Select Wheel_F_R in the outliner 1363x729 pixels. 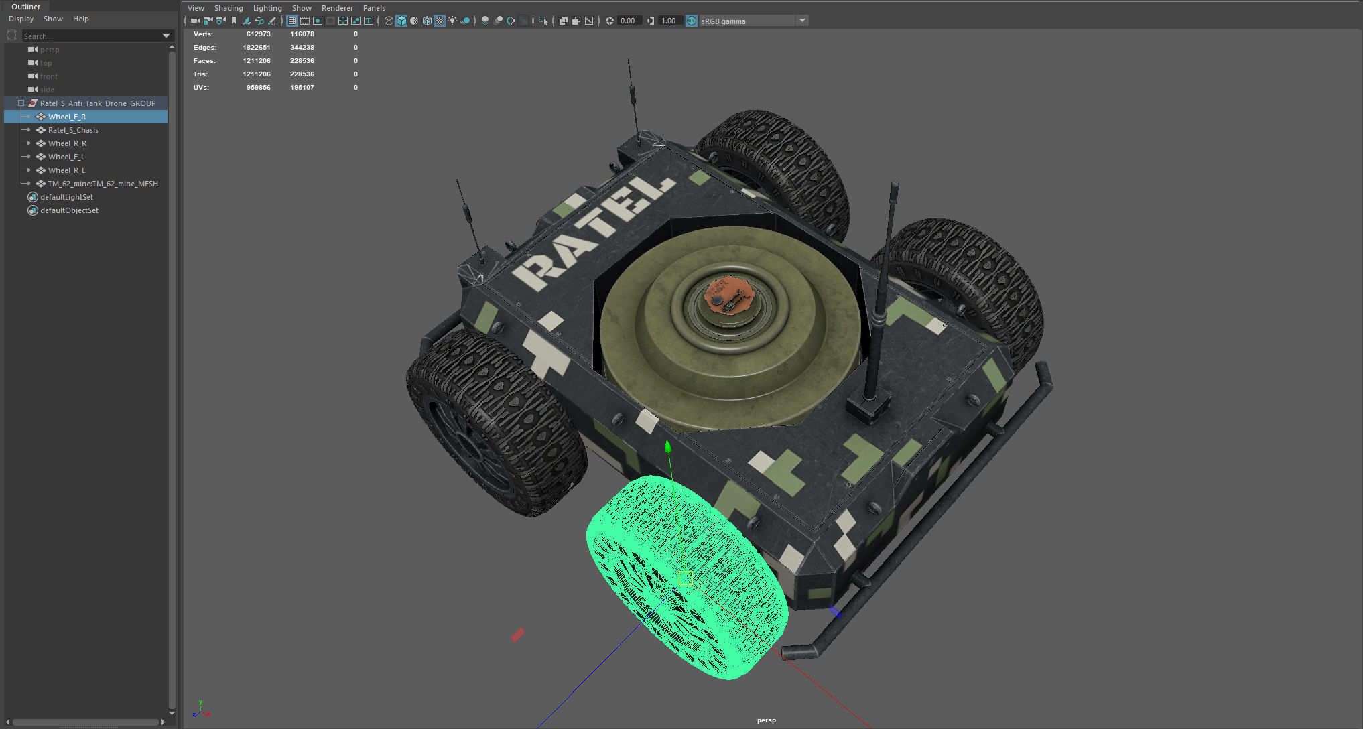pyautogui.click(x=66, y=117)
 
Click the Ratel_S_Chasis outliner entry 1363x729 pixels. pyautogui.click(x=73, y=130)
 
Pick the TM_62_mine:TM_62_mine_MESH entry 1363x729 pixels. pyautogui.click(x=103, y=184)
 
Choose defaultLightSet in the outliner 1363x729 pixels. pyautogui.click(x=66, y=197)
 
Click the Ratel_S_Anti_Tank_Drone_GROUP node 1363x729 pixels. pyautogui.click(x=97, y=103)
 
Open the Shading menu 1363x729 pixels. pyautogui.click(x=229, y=8)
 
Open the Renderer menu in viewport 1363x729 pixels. pyautogui.click(x=337, y=8)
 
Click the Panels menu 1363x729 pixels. pyautogui.click(x=374, y=8)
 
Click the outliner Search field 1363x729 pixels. pyautogui.click(x=90, y=36)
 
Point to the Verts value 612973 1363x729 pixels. pyautogui.click(x=258, y=34)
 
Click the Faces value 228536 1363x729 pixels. pyautogui.click(x=302, y=61)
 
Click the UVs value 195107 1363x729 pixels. pyautogui.click(x=302, y=88)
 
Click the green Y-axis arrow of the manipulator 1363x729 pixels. pyautogui.click(x=667, y=447)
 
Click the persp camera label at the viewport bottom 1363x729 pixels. pyautogui.click(x=766, y=720)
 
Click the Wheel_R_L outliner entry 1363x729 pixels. pyautogui.click(x=66, y=170)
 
